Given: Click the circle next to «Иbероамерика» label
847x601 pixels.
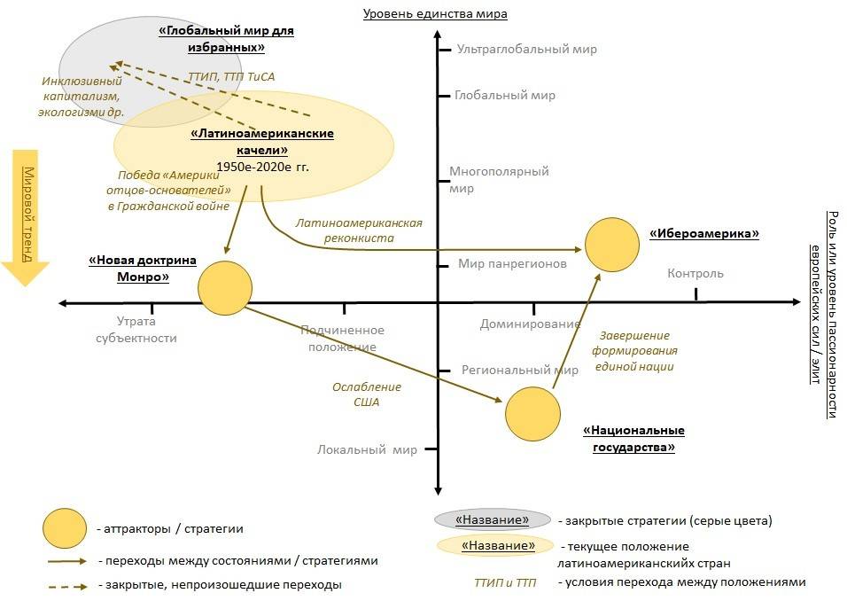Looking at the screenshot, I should (612, 246).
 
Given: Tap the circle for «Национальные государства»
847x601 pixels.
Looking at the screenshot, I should (532, 414).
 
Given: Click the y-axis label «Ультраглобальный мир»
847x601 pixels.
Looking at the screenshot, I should (521, 51).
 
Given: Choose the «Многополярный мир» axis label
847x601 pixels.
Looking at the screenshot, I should (499, 180).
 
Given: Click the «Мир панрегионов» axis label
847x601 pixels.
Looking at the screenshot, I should (512, 264).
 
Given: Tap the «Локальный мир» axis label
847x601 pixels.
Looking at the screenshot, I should (367, 449).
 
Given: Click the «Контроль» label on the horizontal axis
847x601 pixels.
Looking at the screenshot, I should (695, 273).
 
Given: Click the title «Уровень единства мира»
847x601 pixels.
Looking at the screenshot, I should (436, 13).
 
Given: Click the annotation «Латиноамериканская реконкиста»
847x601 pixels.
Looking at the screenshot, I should (358, 230).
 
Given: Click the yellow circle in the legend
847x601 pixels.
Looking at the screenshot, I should (64, 529).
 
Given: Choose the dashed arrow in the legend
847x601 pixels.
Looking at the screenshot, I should (67, 586).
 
